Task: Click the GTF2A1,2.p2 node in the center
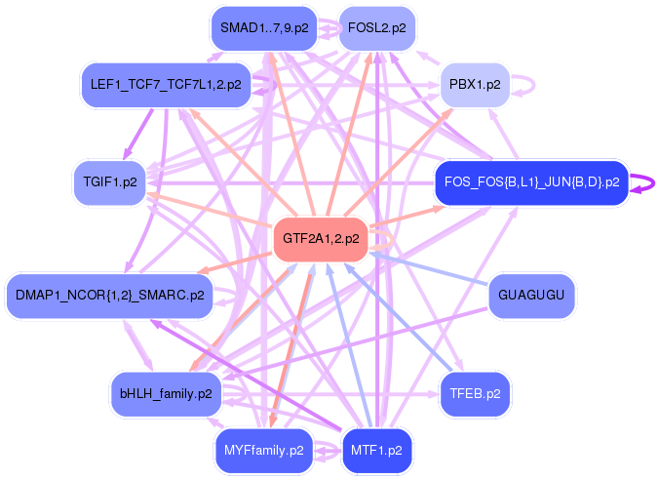(x=321, y=238)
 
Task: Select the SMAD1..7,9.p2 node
(x=264, y=28)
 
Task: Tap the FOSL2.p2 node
(x=376, y=28)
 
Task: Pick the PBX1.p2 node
(x=475, y=85)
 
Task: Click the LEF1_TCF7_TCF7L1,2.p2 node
(x=165, y=85)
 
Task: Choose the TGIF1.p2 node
(x=109, y=182)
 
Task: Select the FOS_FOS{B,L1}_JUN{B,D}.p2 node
(x=531, y=182)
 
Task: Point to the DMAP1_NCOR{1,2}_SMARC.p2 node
(x=109, y=296)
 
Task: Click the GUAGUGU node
(x=531, y=296)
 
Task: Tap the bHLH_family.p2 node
(x=165, y=393)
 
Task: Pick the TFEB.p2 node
(x=475, y=393)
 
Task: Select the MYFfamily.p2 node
(x=264, y=451)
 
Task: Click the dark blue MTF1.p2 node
(x=376, y=451)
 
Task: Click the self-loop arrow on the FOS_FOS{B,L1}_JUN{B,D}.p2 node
(x=643, y=182)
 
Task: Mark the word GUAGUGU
(x=531, y=296)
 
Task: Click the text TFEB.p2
(x=475, y=393)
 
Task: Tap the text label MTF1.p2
(x=376, y=451)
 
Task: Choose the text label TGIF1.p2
(x=109, y=182)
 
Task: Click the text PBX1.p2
(x=475, y=85)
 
